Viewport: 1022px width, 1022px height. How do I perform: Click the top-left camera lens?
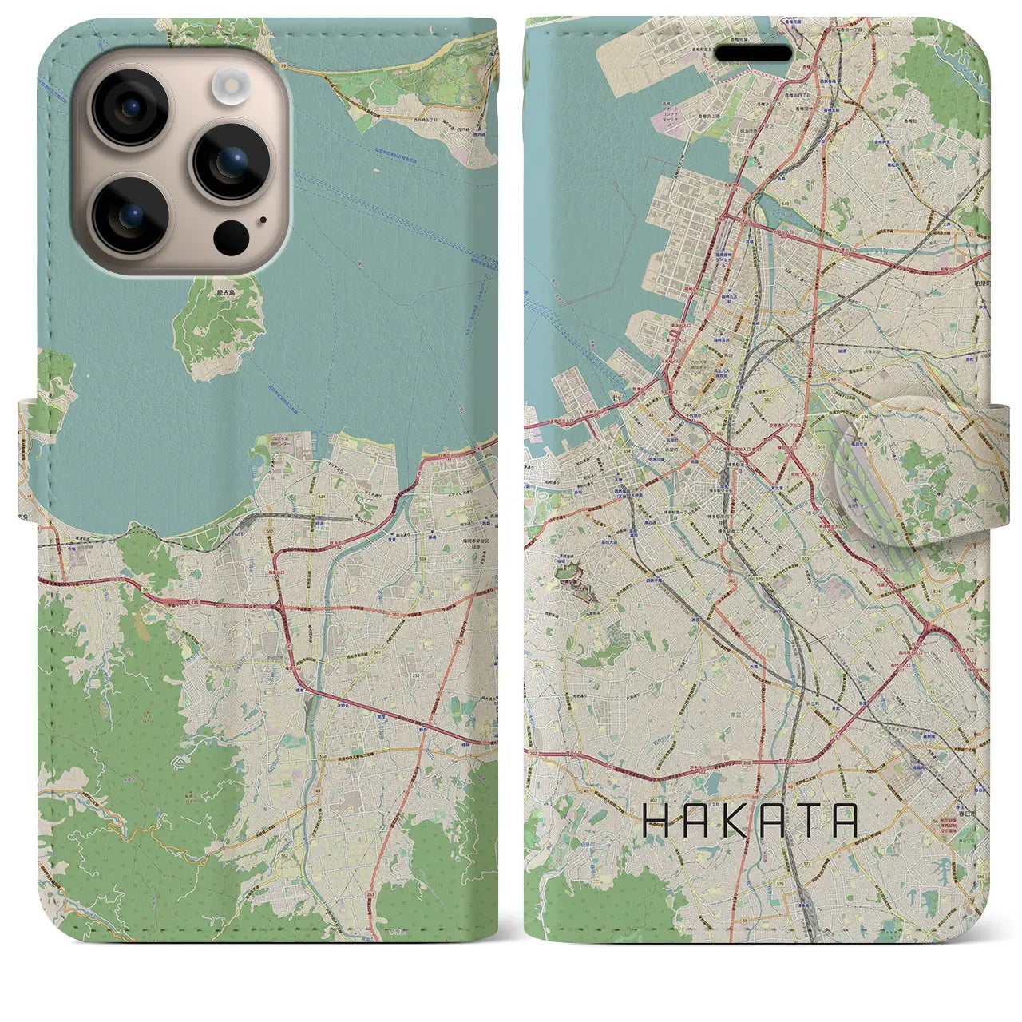tap(130, 108)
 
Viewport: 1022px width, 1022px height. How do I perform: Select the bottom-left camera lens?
tap(130, 213)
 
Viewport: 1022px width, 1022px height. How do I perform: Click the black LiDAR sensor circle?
tap(232, 236)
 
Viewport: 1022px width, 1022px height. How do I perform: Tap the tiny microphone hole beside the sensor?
tap(263, 218)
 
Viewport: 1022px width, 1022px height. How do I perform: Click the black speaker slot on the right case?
tap(753, 53)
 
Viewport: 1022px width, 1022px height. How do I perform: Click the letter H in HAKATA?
tap(656, 820)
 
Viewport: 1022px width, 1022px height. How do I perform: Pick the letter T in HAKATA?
tap(802, 820)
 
